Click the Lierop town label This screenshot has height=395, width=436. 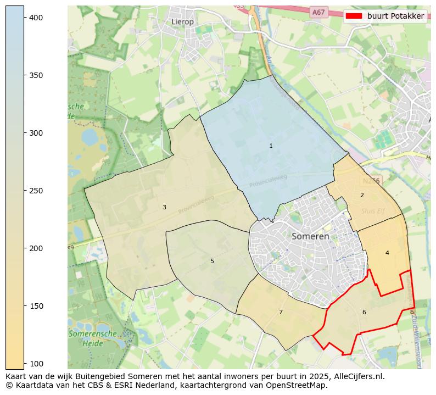(183, 21)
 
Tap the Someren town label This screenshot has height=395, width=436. (310, 236)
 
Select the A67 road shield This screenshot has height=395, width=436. (318, 12)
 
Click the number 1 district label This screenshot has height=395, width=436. (271, 146)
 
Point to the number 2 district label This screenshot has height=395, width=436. (362, 195)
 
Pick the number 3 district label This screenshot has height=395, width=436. (164, 207)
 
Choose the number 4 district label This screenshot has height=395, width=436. (387, 253)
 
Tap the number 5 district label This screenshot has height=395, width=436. (212, 261)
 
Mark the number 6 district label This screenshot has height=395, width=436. (364, 312)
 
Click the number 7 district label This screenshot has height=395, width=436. (281, 312)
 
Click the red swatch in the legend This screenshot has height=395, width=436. (354, 16)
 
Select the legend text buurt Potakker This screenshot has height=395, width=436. (395, 16)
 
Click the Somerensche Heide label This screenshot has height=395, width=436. (92, 338)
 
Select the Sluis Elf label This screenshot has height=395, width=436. (373, 211)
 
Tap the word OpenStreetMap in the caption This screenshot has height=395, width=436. (298, 385)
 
